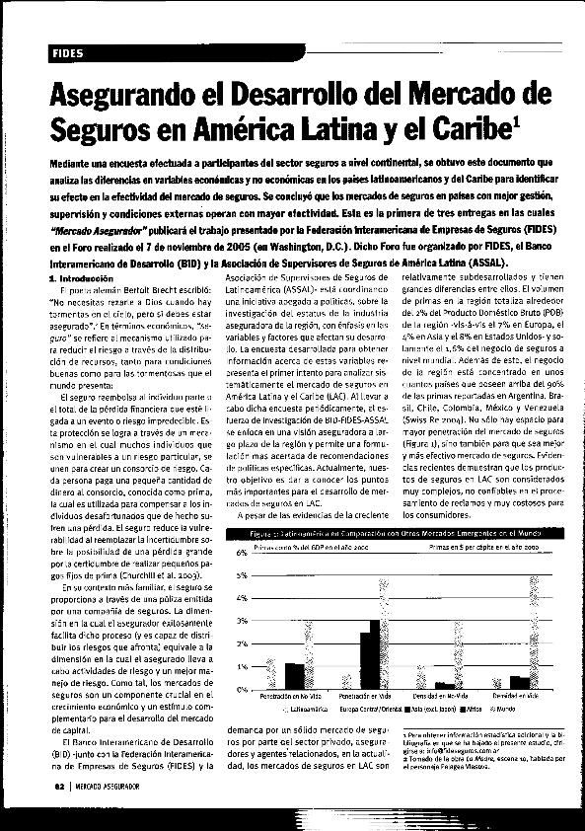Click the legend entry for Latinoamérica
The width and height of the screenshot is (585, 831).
[307, 709]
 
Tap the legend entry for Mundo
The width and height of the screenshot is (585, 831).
[507, 709]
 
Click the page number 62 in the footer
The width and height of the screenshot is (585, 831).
[59, 787]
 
